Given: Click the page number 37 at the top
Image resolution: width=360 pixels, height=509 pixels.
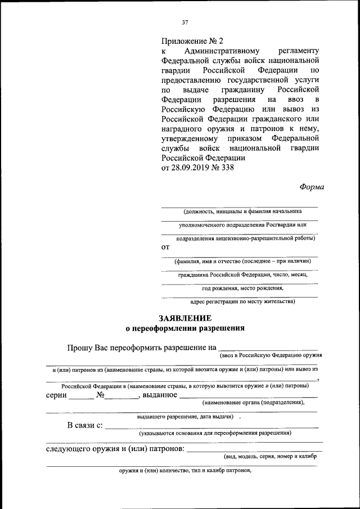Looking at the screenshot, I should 185,22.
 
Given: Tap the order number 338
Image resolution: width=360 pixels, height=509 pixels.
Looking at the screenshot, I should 226,167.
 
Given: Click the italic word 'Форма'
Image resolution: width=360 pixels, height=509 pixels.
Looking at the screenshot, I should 312,187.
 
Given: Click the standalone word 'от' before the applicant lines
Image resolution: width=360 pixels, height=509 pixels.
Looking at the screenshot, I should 165,247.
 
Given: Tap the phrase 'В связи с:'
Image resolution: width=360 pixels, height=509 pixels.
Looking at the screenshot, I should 85,425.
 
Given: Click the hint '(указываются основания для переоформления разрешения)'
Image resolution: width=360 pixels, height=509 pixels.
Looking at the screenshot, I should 215,433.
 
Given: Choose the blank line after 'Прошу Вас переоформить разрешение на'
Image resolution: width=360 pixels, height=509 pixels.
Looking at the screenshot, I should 268,348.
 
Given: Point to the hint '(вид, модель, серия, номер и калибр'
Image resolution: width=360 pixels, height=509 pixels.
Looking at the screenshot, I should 270,457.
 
